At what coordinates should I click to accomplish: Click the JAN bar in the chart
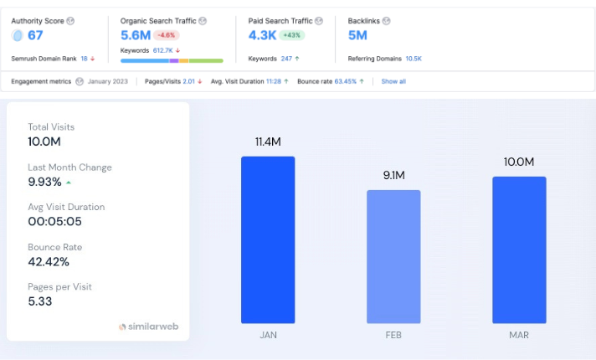pyautogui.click(x=268, y=239)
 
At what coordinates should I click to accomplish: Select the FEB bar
pyautogui.click(x=393, y=256)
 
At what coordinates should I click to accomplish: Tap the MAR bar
pyautogui.click(x=519, y=249)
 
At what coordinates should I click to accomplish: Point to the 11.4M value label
pyautogui.click(x=268, y=141)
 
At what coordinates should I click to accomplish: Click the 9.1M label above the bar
pyautogui.click(x=393, y=175)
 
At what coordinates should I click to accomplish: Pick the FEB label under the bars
pyautogui.click(x=393, y=335)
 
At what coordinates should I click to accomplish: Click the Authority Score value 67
pyautogui.click(x=34, y=35)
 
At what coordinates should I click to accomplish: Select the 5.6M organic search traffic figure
pyautogui.click(x=135, y=35)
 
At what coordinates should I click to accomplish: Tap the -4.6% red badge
pyautogui.click(x=167, y=35)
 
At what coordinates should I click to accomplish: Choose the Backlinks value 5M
pyautogui.click(x=357, y=35)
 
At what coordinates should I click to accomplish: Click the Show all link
pyautogui.click(x=393, y=81)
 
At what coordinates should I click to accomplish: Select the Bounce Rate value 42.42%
pyautogui.click(x=49, y=261)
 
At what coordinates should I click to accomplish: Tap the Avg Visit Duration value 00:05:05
pyautogui.click(x=55, y=221)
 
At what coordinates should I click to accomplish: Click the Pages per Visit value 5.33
pyautogui.click(x=40, y=301)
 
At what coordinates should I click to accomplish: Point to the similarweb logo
pyautogui.click(x=148, y=327)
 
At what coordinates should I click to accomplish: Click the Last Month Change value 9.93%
pyautogui.click(x=45, y=182)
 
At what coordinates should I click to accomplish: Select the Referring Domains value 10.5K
pyautogui.click(x=414, y=59)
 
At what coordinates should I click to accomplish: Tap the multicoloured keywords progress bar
pyautogui.click(x=172, y=61)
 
